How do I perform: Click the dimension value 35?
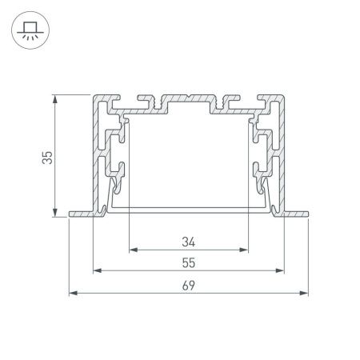click(x=49, y=158)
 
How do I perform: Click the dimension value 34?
click(x=189, y=240)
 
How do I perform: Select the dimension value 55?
click(x=189, y=262)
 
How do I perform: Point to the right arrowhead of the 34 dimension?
click(x=245, y=250)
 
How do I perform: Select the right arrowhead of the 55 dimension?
click(x=281, y=271)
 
